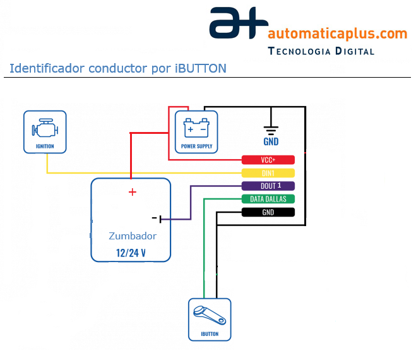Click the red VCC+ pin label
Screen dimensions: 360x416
tap(268, 160)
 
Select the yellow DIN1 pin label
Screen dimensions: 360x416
tap(268, 173)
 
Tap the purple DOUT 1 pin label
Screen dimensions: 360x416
tap(268, 186)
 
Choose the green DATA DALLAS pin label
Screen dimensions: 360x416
tap(268, 199)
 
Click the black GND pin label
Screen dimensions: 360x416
tap(268, 212)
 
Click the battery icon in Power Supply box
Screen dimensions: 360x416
tap(196, 129)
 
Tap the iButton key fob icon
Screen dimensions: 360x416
tap(209, 315)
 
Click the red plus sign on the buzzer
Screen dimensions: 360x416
tap(132, 192)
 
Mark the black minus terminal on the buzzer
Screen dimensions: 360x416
tap(157, 219)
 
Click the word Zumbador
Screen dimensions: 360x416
tap(132, 236)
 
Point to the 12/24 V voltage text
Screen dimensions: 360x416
tap(131, 253)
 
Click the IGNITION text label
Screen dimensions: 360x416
tap(45, 147)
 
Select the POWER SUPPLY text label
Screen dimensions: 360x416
tap(197, 147)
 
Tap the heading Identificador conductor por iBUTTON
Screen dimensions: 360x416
tap(118, 68)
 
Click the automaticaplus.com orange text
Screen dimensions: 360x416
tap(337, 33)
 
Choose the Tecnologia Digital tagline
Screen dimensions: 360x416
tap(321, 51)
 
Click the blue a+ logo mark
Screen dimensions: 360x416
tap(235, 24)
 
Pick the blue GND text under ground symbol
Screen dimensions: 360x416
tap(271, 141)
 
